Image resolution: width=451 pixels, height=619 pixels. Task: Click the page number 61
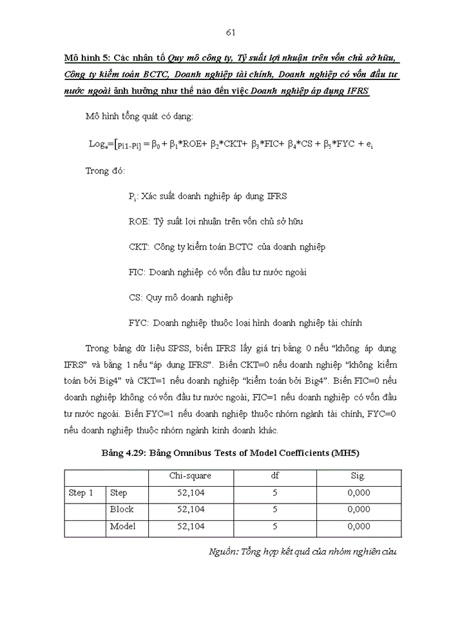232,33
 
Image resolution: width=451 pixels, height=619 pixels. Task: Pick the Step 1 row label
81,493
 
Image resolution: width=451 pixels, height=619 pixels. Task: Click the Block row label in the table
122,509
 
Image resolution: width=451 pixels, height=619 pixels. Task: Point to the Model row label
122,526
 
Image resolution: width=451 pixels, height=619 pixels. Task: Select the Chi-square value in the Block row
191,509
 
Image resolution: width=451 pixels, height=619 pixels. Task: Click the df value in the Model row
274,526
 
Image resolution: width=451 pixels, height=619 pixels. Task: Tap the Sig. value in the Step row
358,493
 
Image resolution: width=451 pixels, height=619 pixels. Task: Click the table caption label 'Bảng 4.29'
122,453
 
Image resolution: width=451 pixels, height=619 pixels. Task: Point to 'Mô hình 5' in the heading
87,58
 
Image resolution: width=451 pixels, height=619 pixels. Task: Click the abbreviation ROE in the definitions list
139,221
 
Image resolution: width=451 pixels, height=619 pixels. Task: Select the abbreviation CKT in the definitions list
139,247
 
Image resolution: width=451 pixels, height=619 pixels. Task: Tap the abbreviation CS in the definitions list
135,297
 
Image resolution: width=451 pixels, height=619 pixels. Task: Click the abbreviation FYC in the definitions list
139,322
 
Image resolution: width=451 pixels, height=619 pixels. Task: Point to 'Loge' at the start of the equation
101,144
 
